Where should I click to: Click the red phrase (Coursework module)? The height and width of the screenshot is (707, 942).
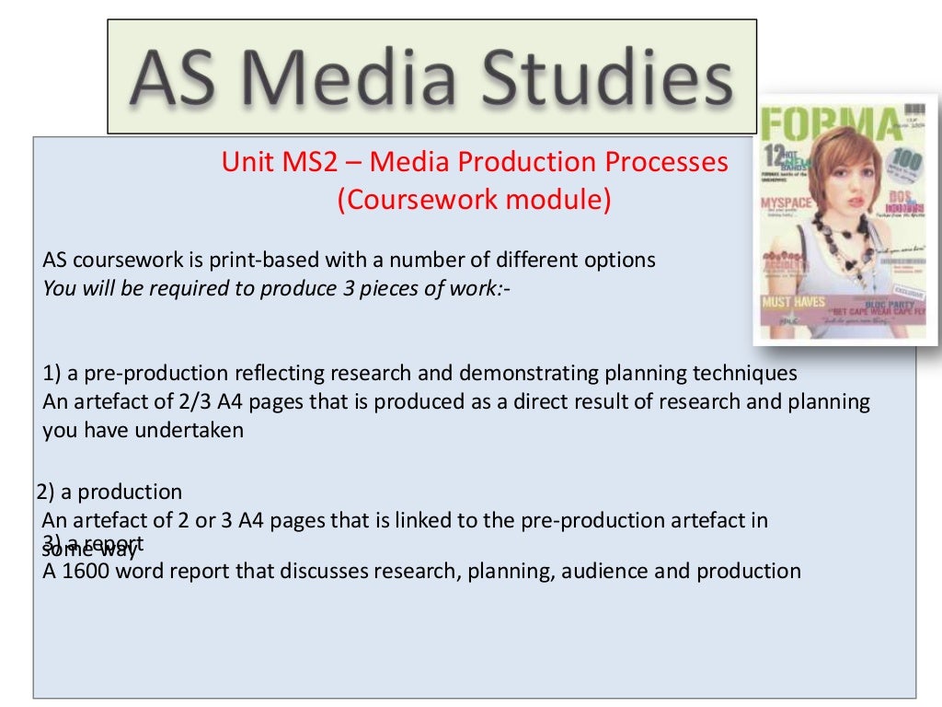tap(474, 200)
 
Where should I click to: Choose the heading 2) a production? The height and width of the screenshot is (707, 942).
tap(109, 492)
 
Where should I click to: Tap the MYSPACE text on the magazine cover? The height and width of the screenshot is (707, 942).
tap(786, 202)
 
